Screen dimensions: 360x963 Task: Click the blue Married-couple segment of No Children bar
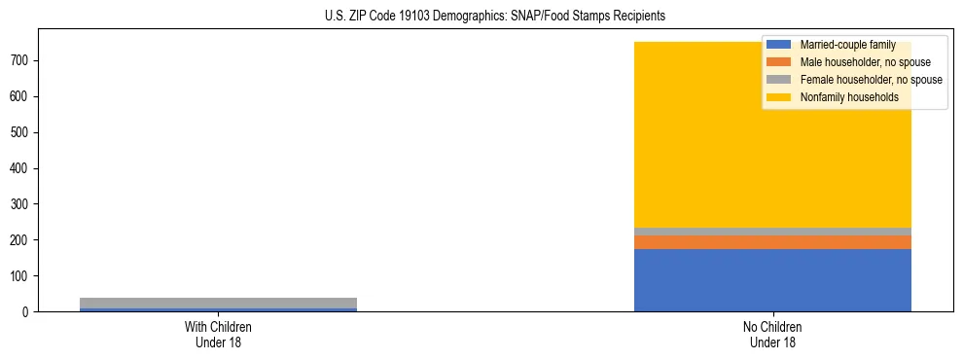coord(772,280)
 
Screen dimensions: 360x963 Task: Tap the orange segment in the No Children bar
coord(772,242)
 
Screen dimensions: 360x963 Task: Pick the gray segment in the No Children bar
coord(772,232)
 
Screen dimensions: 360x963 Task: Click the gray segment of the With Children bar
coord(218,303)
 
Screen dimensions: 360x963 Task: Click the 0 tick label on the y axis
coord(31,312)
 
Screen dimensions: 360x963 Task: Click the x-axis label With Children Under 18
coord(218,335)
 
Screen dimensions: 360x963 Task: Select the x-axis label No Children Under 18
coord(772,335)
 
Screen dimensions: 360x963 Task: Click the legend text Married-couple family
coord(847,45)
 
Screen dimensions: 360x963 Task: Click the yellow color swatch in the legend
coord(779,97)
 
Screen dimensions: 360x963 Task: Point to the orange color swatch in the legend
coord(779,62)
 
